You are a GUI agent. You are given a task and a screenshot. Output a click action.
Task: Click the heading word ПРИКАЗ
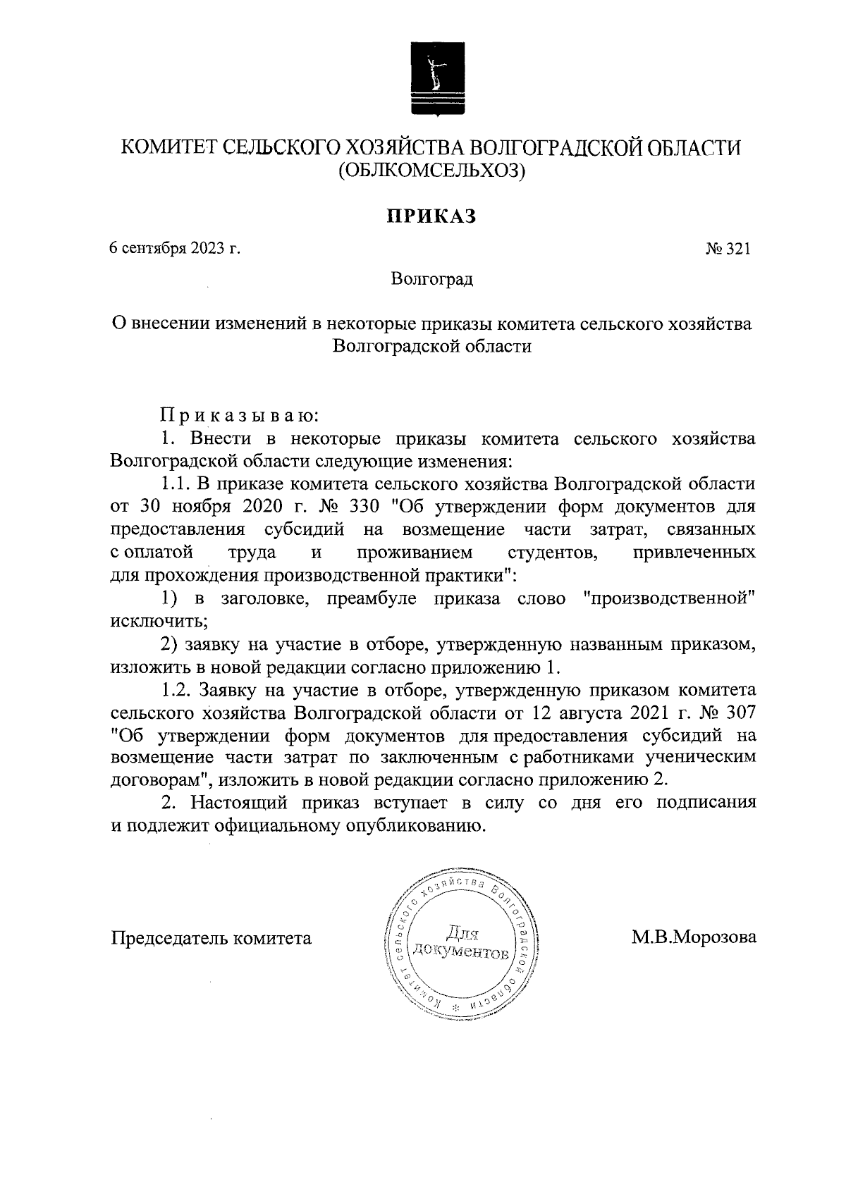(430, 215)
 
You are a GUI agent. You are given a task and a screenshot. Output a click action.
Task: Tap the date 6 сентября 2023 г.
(175, 249)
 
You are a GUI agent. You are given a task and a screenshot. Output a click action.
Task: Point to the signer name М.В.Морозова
(694, 938)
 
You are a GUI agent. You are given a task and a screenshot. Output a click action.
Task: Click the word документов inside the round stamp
(460, 952)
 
